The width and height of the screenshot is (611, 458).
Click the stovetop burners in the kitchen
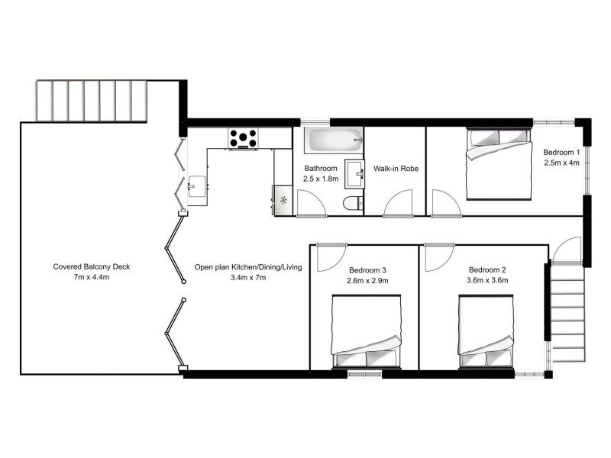pyautogui.click(x=243, y=138)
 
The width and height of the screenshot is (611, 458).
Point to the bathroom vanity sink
pyautogui.click(x=354, y=172)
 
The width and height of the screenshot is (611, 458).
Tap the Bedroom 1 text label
pyautogui.click(x=562, y=151)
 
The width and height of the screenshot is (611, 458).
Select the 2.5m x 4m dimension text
pyautogui.click(x=562, y=162)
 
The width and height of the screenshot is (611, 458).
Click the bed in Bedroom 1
pyautogui.click(x=497, y=164)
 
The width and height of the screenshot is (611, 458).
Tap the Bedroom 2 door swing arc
pyautogui.click(x=438, y=257)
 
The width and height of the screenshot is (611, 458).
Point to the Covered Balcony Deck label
pyautogui.click(x=92, y=266)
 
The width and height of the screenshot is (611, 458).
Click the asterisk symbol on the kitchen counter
pyautogui.click(x=284, y=201)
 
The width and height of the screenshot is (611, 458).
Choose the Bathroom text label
pyautogui.click(x=320, y=168)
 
